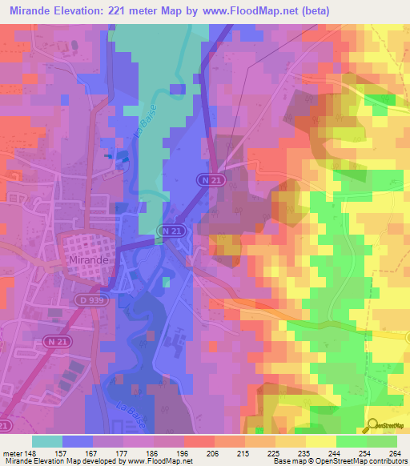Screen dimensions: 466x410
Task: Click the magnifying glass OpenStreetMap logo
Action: tap(372, 425)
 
